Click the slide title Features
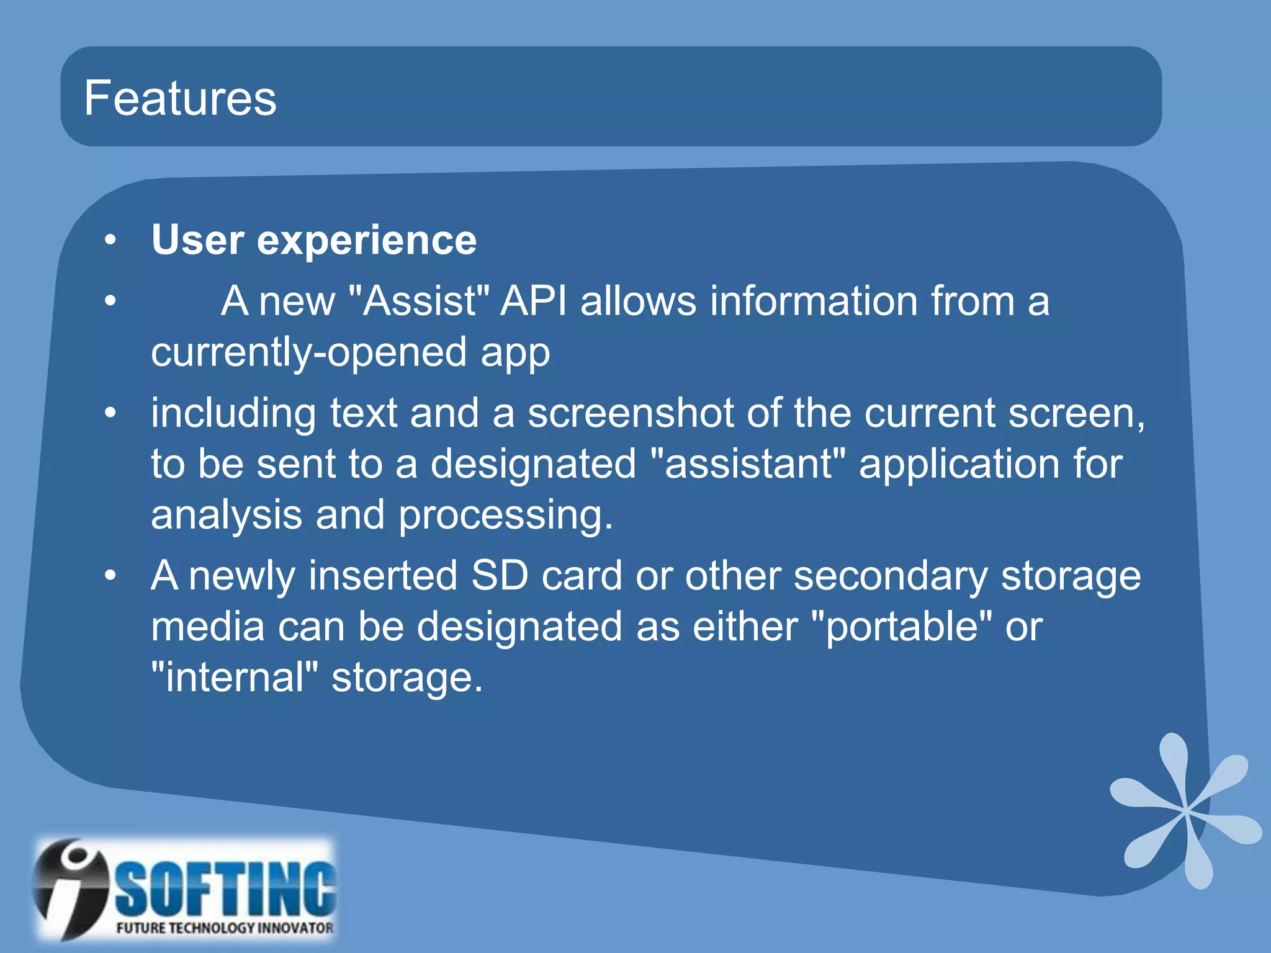tap(180, 98)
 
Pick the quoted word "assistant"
tap(748, 464)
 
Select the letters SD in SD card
tap(499, 575)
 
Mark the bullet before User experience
tap(110, 241)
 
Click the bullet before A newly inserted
tap(110, 575)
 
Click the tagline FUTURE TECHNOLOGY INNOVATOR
tap(225, 928)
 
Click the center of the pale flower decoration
tap(1185, 810)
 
